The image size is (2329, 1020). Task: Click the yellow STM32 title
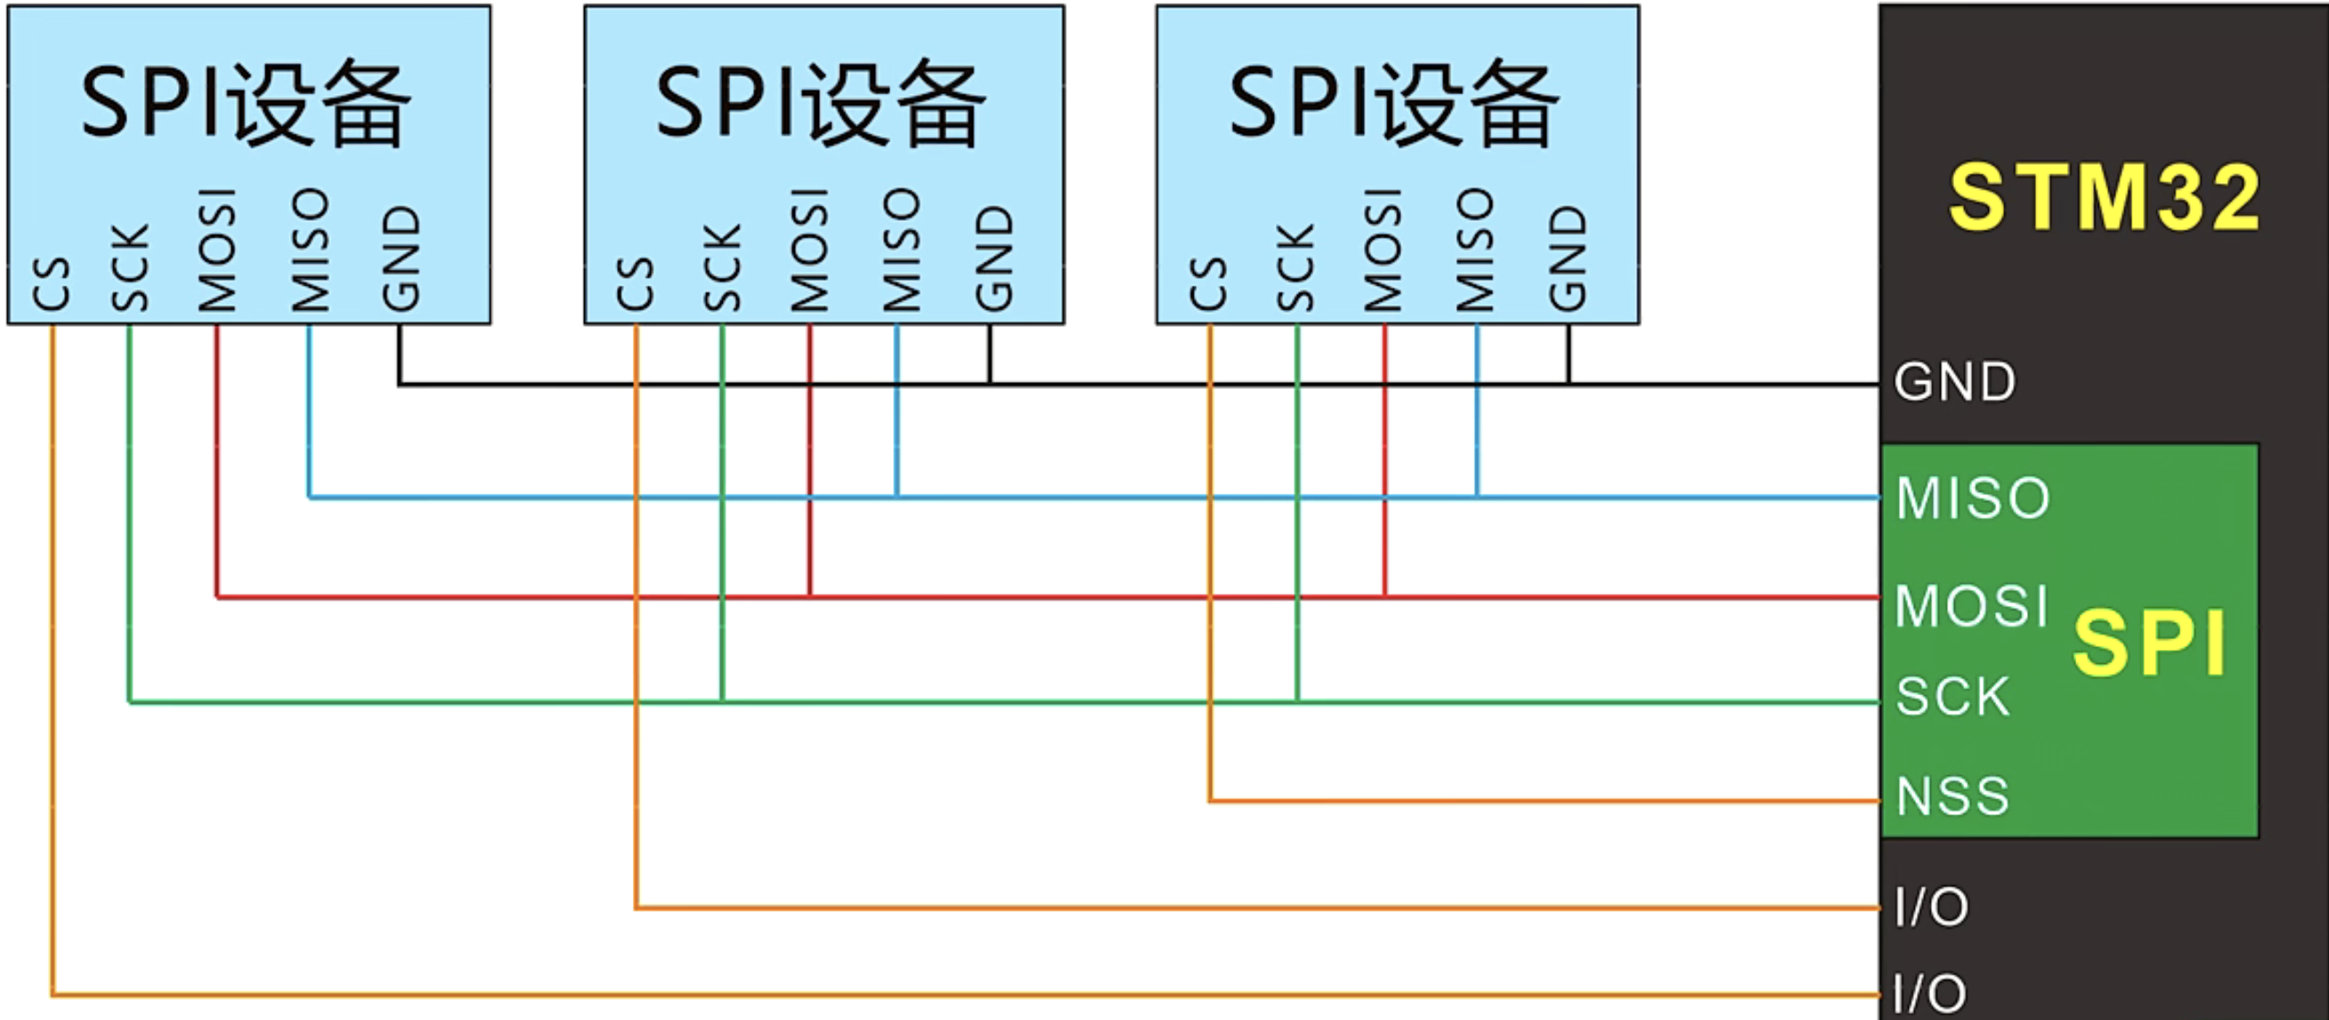click(x=2104, y=197)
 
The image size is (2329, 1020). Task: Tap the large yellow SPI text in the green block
click(x=2149, y=643)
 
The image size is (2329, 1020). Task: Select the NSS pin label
click(x=1952, y=797)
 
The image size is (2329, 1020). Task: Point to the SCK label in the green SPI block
click(x=1952, y=697)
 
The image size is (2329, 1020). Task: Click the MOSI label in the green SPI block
click(x=1971, y=605)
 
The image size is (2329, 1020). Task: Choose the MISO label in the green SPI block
click(x=1973, y=498)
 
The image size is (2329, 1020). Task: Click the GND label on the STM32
click(x=1955, y=382)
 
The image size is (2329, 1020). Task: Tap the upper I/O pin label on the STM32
click(x=1931, y=907)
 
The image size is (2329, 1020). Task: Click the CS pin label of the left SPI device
click(x=51, y=284)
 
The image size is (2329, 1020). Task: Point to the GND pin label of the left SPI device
click(x=401, y=259)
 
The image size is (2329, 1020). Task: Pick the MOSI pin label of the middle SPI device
click(x=809, y=249)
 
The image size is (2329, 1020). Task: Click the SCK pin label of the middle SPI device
click(x=722, y=268)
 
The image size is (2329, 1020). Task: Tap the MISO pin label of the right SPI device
click(x=1475, y=249)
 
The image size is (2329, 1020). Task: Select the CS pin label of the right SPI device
click(x=1209, y=284)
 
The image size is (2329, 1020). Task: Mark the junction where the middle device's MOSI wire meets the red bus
click(x=810, y=597)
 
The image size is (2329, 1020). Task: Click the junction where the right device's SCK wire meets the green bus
click(x=1297, y=700)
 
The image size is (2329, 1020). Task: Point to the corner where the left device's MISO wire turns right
click(x=309, y=497)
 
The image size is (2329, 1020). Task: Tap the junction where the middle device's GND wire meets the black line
click(x=990, y=385)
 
